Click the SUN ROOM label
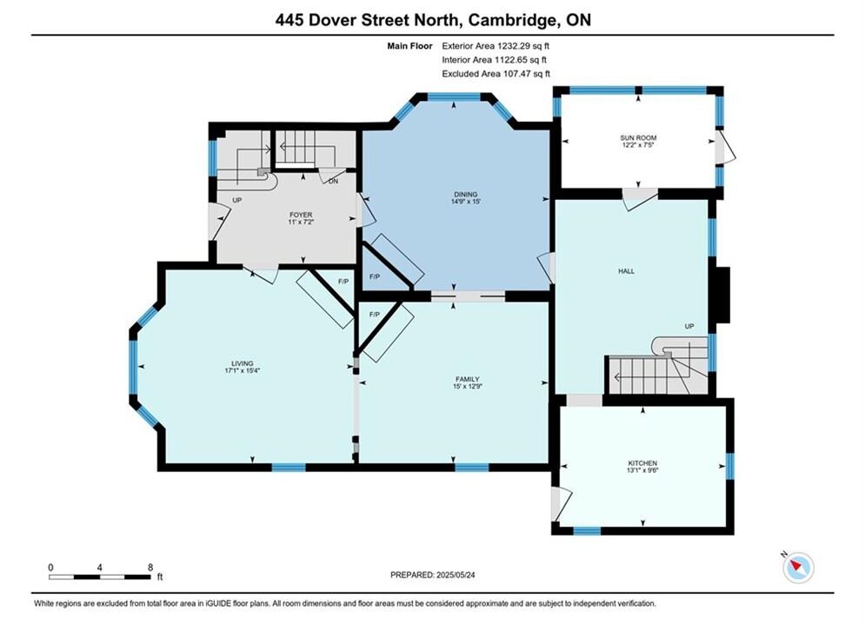(x=638, y=138)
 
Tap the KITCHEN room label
(x=642, y=463)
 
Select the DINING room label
(x=466, y=194)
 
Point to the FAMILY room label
(x=467, y=379)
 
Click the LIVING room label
(x=243, y=363)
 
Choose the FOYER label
(x=301, y=215)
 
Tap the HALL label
(x=626, y=270)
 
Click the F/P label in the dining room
(x=375, y=276)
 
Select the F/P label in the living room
(x=343, y=282)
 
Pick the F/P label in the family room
(x=375, y=315)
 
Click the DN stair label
(x=333, y=181)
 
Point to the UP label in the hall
(x=689, y=326)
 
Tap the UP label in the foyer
(x=236, y=200)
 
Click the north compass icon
(x=798, y=567)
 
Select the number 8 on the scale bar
(x=150, y=567)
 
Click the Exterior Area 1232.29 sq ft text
(x=496, y=46)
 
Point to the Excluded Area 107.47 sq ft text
(x=496, y=73)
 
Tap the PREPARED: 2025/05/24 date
(x=433, y=575)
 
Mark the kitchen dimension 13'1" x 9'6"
(x=642, y=470)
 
